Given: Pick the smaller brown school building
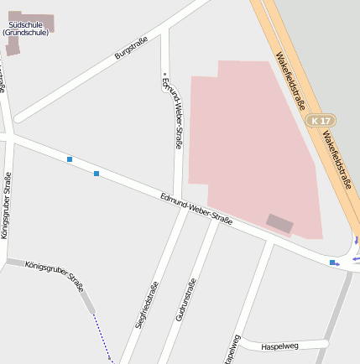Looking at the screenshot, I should [x=13, y=49].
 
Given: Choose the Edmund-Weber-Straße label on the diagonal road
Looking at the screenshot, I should [x=196, y=207].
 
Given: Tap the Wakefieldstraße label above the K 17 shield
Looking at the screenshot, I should [x=290, y=82].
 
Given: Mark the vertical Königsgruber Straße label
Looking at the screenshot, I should [x=6, y=205].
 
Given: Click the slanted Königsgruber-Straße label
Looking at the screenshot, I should [x=55, y=274].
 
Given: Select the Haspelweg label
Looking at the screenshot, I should [x=279, y=345].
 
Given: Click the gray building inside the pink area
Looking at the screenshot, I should [x=280, y=223].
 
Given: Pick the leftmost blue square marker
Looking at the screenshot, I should [x=70, y=159].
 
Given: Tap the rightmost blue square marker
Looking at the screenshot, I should [x=333, y=263].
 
